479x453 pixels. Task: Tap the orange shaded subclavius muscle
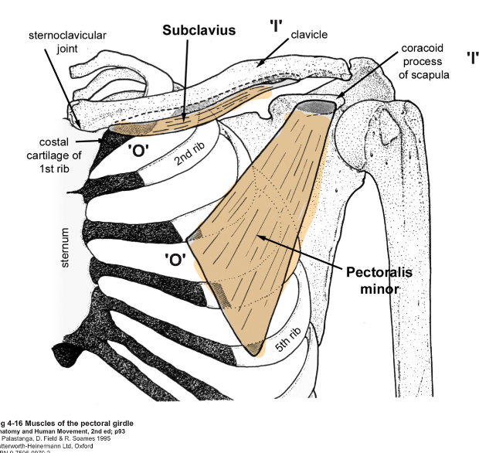coord(185,114)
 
